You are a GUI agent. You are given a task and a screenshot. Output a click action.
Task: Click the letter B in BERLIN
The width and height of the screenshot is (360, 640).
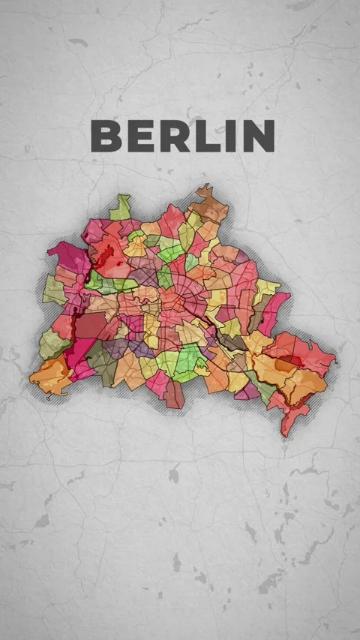coord(105,136)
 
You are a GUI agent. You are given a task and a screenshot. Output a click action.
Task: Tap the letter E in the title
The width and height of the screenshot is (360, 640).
coord(138,136)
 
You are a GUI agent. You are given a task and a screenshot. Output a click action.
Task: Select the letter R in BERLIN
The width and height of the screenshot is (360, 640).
coord(171,136)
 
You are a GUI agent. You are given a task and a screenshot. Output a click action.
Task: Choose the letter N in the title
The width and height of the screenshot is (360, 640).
coord(256,136)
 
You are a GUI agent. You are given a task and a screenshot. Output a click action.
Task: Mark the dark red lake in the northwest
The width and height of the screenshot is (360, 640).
coord(107,251)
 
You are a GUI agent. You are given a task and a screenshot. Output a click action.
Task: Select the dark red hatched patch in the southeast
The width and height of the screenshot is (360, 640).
coord(288,363)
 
